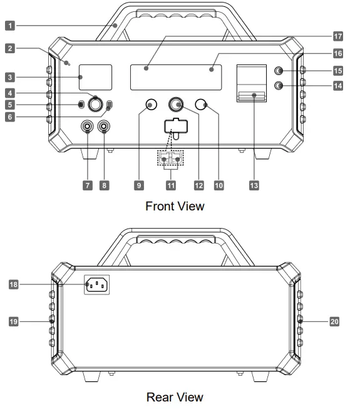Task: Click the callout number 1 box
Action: point(10,26)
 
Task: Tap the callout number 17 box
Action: point(338,36)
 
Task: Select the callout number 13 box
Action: point(254,185)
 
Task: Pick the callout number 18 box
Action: point(14,284)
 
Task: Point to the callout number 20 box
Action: point(334,321)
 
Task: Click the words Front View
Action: point(175,206)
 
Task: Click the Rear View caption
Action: point(175,397)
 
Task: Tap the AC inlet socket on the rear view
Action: point(96,284)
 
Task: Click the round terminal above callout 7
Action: point(87,127)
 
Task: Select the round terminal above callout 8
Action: point(104,127)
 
